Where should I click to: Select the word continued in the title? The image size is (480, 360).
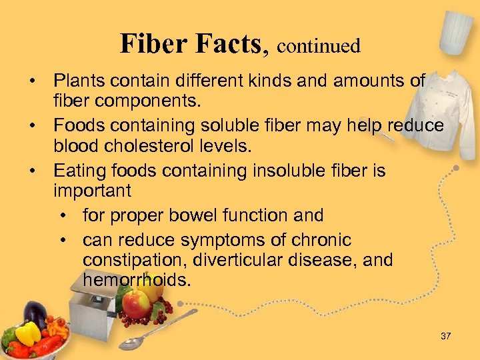pos(318,46)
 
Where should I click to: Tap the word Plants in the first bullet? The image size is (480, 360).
pos(78,81)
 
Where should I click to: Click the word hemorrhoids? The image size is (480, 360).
pos(137,280)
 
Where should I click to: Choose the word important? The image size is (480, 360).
pos(93,191)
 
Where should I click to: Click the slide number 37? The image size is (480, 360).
pos(445,336)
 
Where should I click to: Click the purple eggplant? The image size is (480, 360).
pos(35,314)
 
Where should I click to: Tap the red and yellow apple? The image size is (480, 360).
pos(137,305)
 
